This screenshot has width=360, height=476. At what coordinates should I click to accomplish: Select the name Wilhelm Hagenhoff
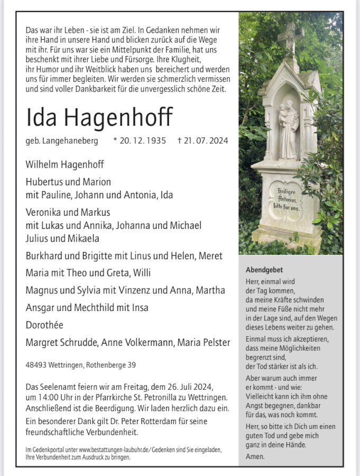pyautogui.click(x=65, y=164)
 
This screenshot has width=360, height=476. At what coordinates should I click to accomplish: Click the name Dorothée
pyautogui.click(x=47, y=325)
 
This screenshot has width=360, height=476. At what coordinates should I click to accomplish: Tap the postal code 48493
pyautogui.click(x=37, y=365)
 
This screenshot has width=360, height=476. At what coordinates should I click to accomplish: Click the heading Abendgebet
pyautogui.click(x=264, y=270)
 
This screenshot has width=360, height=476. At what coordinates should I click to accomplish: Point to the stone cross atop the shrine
pyautogui.click(x=290, y=37)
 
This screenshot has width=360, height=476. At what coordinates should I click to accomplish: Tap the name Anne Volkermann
pyautogui.click(x=133, y=342)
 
